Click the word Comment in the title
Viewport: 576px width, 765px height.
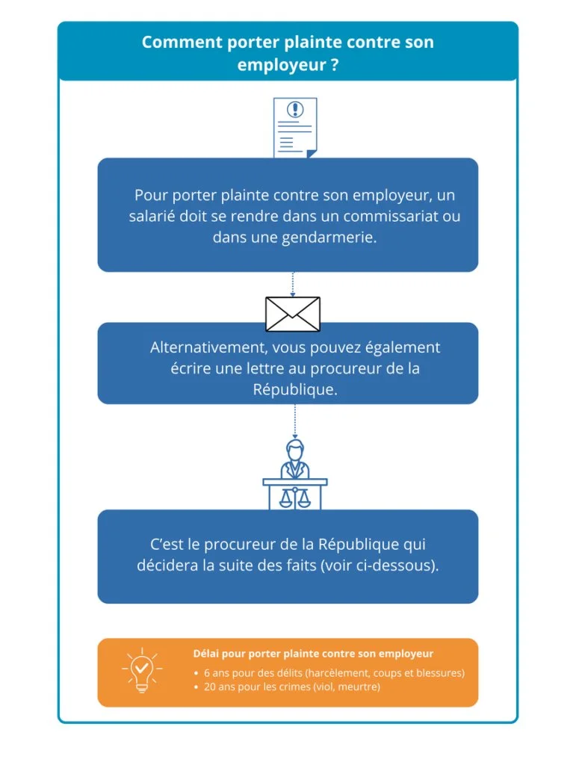pos(182,42)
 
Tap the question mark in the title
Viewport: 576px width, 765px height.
pos(334,64)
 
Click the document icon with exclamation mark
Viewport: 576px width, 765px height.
pos(295,127)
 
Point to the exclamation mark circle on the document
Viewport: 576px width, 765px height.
pos(295,109)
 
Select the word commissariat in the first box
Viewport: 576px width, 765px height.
pos(391,216)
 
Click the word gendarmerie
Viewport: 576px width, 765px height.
pos(322,238)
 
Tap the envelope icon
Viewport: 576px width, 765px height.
pos(293,315)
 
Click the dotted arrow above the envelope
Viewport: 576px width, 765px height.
pos(293,284)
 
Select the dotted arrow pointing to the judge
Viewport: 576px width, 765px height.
pos(294,421)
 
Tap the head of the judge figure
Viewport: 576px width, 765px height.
pos(294,449)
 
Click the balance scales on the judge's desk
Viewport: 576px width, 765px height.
pos(294,497)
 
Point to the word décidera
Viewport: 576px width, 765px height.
pos(167,566)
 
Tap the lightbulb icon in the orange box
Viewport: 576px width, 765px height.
pos(142,670)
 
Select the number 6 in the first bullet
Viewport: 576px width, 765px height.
pos(207,673)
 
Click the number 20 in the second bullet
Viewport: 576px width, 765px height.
pos(209,687)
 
